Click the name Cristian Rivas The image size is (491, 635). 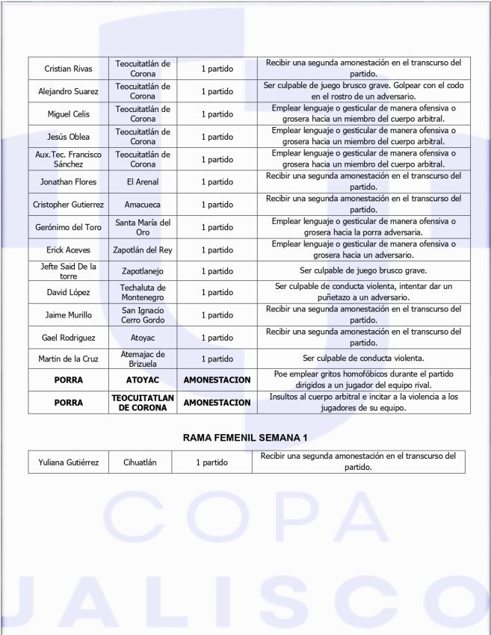click(68, 69)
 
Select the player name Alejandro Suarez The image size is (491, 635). click(68, 92)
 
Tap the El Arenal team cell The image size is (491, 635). click(143, 182)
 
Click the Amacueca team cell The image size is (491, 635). click(143, 205)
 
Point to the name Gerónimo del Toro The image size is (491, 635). click(68, 227)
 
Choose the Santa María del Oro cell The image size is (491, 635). click(143, 227)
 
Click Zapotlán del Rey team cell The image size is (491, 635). click(143, 250)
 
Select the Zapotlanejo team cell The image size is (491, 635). click(143, 271)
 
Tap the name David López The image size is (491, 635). click(68, 293)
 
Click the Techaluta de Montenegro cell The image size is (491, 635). click(143, 293)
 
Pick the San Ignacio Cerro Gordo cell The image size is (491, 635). click(143, 315)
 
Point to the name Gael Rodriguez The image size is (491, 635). click(68, 338)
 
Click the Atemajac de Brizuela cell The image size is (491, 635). click(143, 359)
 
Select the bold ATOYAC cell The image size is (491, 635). click(143, 380)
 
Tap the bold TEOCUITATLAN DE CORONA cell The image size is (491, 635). click(143, 403)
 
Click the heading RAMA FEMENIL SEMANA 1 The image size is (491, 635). click(246, 437)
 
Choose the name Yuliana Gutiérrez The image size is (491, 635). click(68, 462)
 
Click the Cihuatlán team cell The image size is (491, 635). click(140, 462)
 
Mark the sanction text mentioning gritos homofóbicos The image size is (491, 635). click(363, 380)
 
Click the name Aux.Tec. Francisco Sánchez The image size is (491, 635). click(68, 159)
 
